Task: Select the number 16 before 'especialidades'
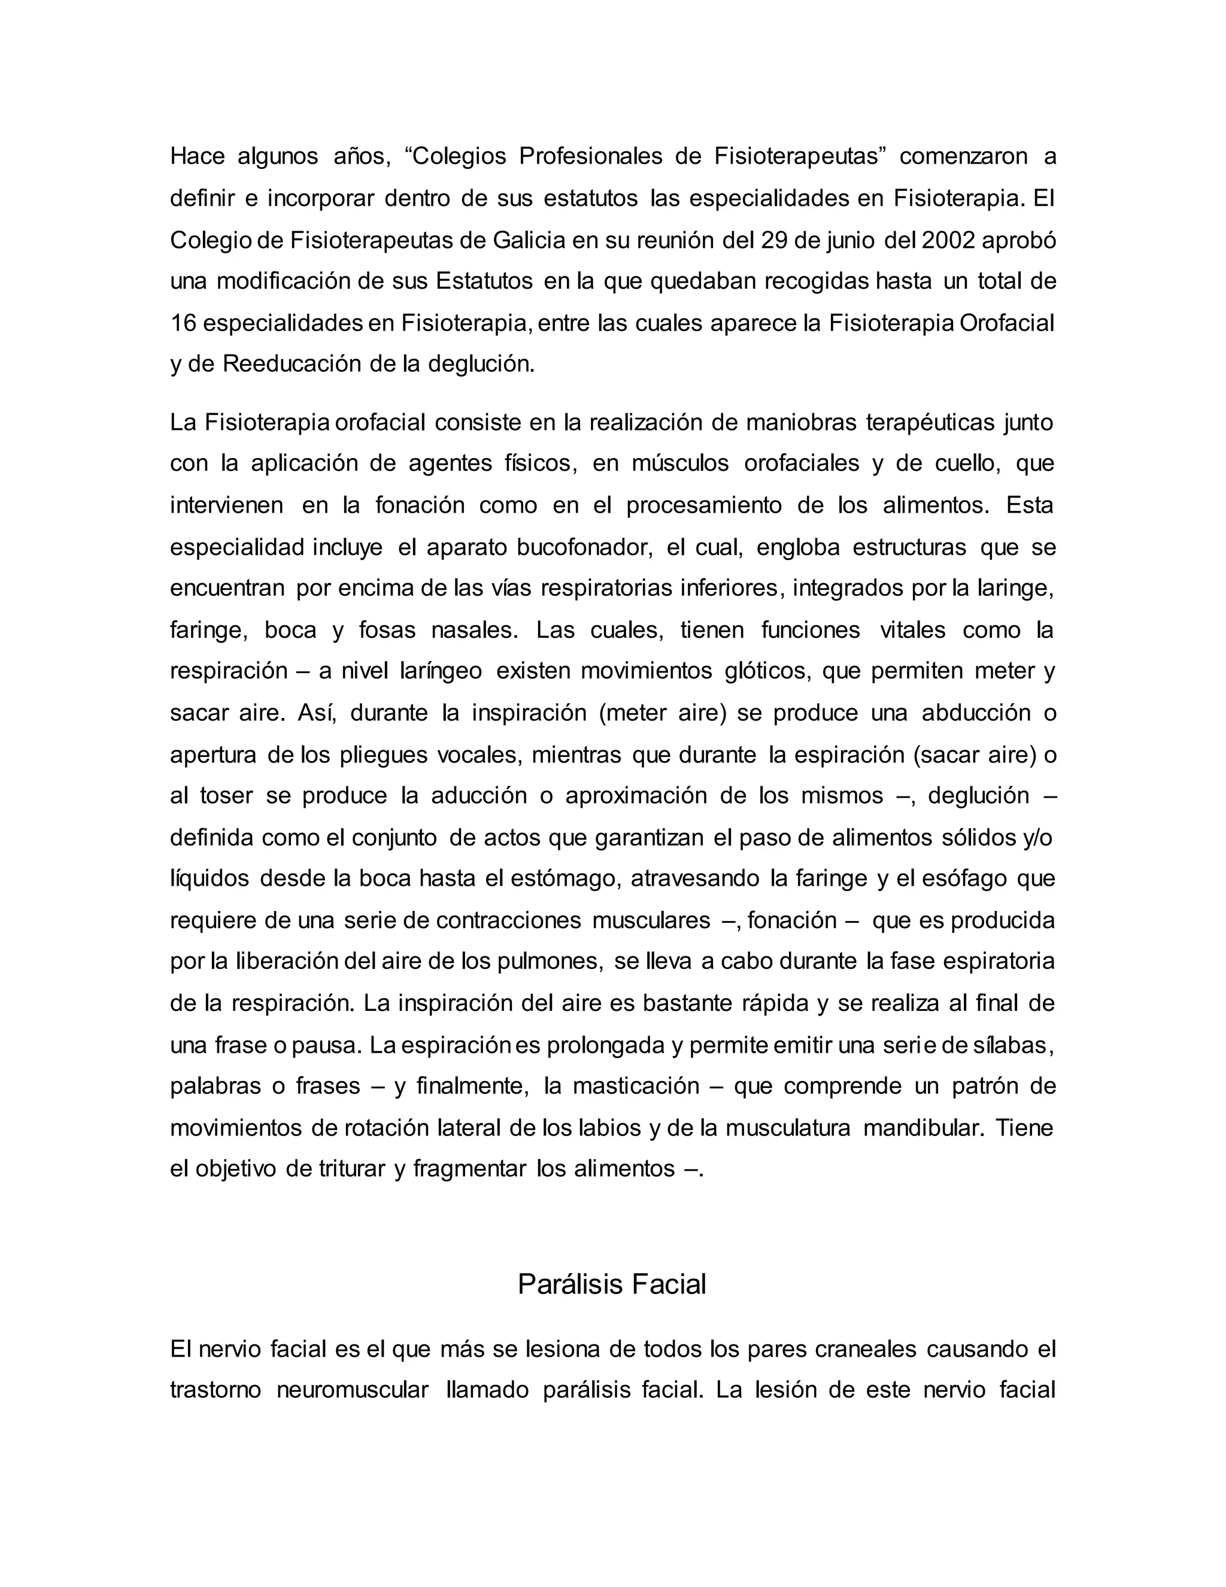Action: (x=183, y=323)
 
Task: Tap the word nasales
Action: (x=474, y=630)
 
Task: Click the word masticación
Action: (x=636, y=1086)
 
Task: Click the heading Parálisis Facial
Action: (x=612, y=1284)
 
